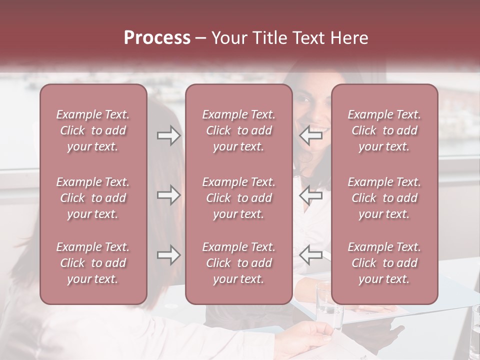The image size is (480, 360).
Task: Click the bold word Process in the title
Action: click(157, 37)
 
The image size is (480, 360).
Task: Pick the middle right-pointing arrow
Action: click(168, 195)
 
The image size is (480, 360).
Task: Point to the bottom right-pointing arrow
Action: click(168, 255)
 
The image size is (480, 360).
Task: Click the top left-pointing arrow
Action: click(311, 135)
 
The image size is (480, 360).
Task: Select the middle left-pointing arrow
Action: click(311, 195)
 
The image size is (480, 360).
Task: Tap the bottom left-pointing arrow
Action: click(311, 255)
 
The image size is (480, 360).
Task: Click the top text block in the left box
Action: click(93, 130)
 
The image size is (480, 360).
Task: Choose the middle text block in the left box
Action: click(93, 198)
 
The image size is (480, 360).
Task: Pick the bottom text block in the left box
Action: click(93, 263)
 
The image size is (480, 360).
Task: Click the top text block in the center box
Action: click(238, 130)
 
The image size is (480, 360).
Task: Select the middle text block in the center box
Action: click(238, 198)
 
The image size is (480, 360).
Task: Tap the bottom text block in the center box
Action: click(238, 263)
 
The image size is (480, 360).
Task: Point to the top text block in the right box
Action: click(384, 130)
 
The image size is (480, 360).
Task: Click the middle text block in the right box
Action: click(384, 198)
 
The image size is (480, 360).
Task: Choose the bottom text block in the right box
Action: click(384, 263)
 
